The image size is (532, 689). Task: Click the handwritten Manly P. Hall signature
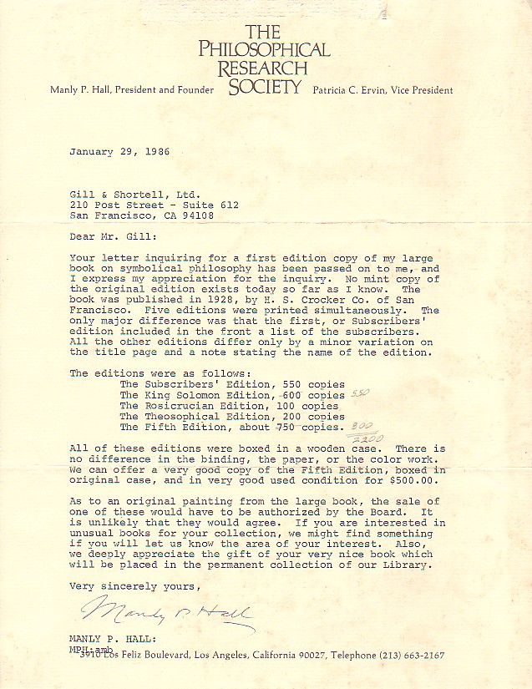167,617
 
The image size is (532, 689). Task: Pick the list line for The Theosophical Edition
232,416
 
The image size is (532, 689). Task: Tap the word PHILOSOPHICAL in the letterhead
264,49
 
